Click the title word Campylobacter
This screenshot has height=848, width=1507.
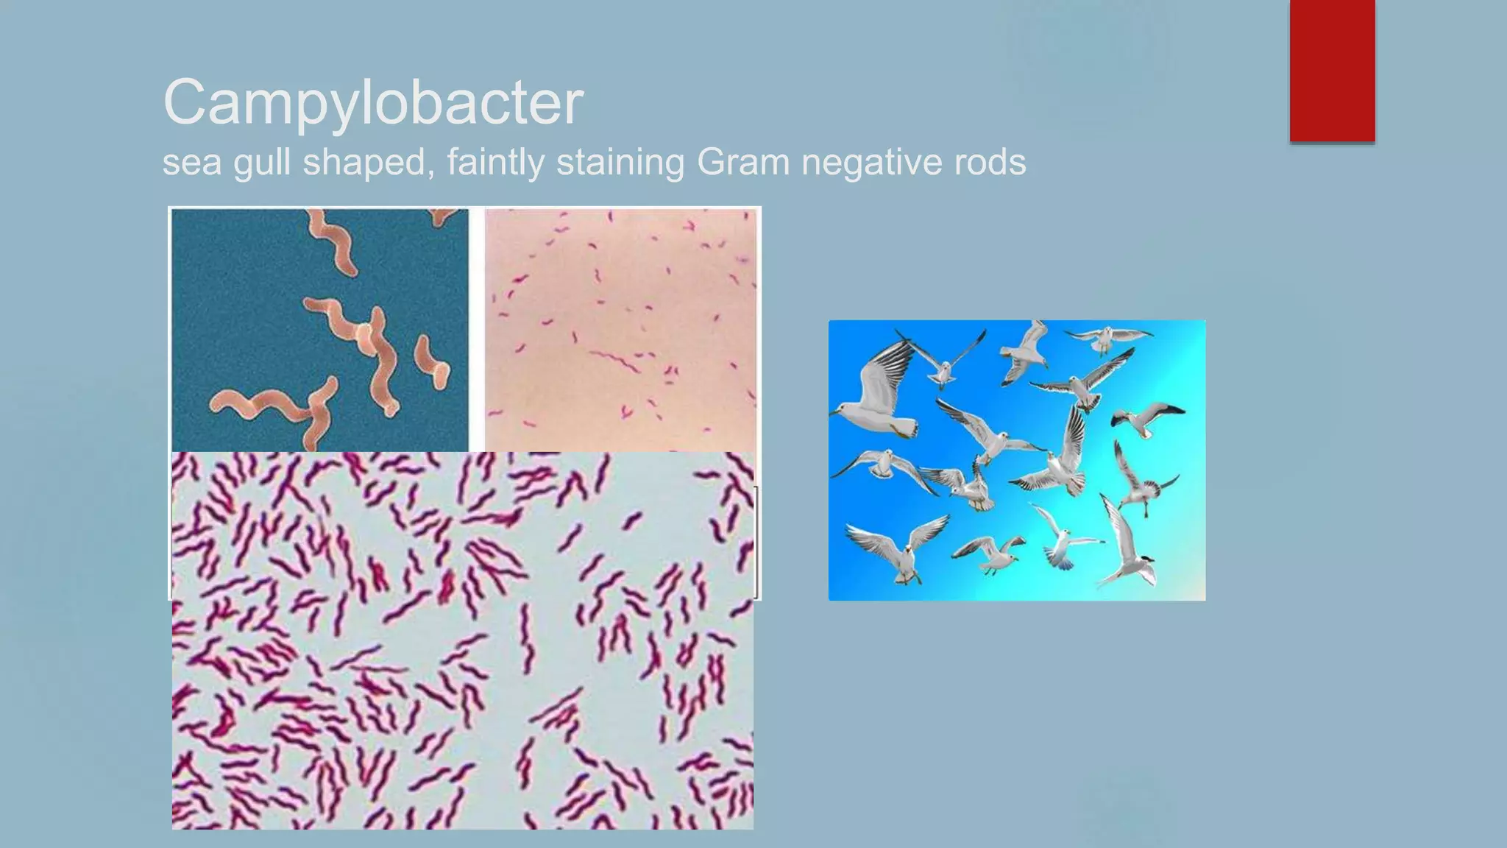click(373, 102)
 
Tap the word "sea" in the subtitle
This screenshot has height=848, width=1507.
click(191, 162)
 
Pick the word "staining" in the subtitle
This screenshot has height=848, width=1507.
click(620, 162)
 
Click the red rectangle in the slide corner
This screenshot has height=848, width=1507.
click(1332, 71)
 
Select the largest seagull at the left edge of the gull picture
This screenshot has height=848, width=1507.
click(879, 397)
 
